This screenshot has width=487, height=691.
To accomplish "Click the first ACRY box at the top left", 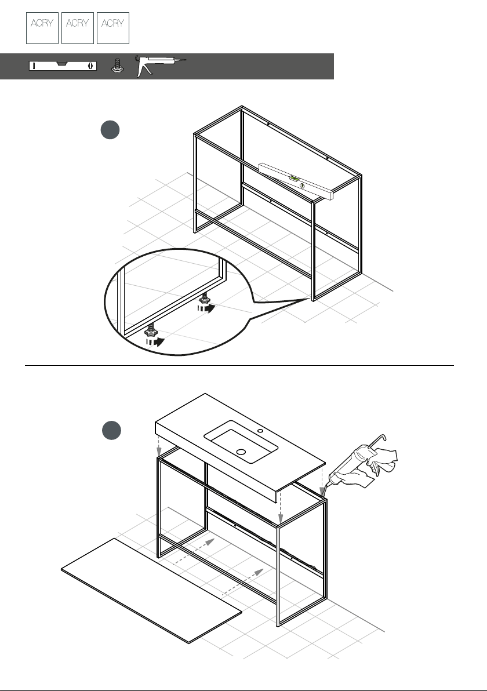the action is pos(42,28).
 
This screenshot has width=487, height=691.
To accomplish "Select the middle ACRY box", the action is pos(78,28).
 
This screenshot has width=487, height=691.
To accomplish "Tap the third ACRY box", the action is pos(113,28).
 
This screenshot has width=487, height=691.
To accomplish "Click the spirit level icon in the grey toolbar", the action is pos(63,66).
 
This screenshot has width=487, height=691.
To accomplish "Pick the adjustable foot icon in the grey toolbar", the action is pos(117,66).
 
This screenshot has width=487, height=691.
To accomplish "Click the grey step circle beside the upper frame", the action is pos(110,130).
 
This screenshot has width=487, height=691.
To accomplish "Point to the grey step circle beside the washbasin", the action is pos(111,431).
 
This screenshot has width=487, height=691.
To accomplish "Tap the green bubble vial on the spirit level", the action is pos(295,179).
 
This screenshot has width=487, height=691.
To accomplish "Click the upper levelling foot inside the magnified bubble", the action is pos(204,299).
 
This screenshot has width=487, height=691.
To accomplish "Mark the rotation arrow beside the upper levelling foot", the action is pos(206,308).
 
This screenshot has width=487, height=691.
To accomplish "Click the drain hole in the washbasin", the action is pos(241,452).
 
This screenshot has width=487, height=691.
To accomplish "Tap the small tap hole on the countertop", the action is pos(260,431).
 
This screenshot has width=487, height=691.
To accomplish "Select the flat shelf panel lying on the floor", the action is pos(151,591).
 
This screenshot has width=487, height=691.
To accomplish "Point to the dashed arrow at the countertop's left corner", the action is pos(159,446).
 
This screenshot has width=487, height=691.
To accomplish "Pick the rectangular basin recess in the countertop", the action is pos(241,442).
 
